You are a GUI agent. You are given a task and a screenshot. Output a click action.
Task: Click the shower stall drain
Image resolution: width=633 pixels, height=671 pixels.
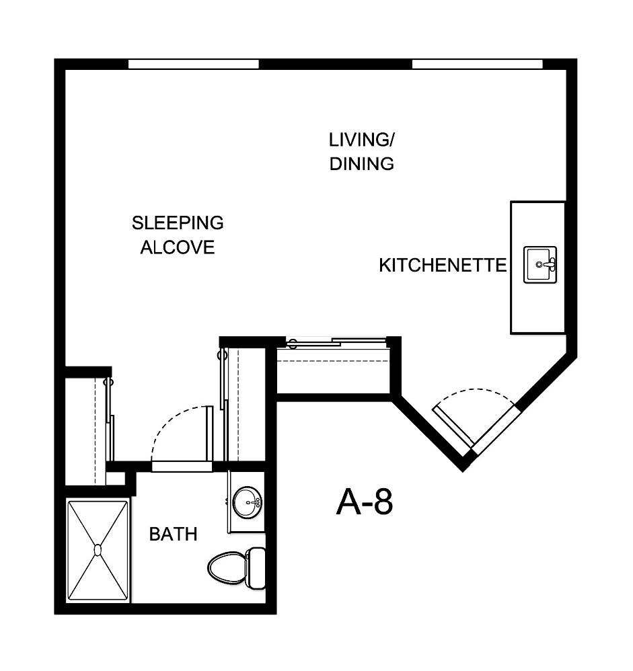[x=98, y=550]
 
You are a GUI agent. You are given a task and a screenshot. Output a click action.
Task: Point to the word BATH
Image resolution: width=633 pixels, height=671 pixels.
[x=173, y=535]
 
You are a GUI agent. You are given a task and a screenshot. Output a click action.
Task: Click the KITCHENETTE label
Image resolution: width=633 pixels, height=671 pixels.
[x=442, y=265]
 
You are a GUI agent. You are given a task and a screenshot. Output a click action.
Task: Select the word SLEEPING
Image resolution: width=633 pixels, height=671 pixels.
[x=178, y=222]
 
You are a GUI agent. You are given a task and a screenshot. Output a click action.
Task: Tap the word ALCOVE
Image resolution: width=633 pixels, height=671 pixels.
[x=178, y=247]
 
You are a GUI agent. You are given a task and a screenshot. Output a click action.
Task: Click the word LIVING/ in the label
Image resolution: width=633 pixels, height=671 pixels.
[x=361, y=140]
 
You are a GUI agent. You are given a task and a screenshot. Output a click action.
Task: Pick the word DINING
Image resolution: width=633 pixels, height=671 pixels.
[x=361, y=163]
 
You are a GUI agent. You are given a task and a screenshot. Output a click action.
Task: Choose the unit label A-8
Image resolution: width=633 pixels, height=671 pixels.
[x=364, y=502]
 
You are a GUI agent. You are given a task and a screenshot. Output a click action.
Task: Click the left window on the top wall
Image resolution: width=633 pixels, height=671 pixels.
[x=194, y=65]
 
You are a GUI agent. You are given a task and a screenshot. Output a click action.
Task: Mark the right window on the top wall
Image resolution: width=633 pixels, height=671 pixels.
[x=477, y=65]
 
